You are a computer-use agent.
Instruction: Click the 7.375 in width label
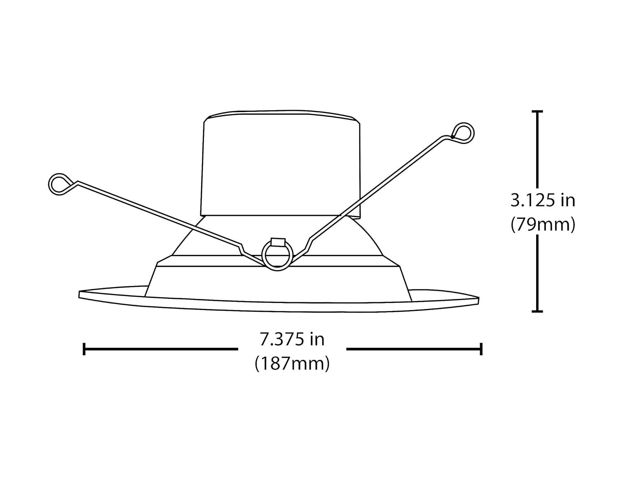tap(292, 340)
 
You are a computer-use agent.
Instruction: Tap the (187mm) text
tap(292, 364)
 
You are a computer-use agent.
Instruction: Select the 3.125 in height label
tap(542, 201)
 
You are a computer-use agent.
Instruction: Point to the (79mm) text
tap(542, 225)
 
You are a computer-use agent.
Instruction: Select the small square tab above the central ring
tap(277, 242)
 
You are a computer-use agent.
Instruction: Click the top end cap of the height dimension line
tap(537, 111)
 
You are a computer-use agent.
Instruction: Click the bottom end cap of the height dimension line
tap(537, 311)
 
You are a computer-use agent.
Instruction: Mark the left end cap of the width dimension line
tap(84, 349)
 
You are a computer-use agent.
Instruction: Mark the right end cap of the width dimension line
tap(481, 349)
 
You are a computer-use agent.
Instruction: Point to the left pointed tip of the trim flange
tap(80, 294)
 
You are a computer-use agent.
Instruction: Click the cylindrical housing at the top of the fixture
tap(281, 166)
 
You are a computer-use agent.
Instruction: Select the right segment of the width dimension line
tap(413, 349)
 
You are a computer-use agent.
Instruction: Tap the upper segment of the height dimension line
tap(537, 149)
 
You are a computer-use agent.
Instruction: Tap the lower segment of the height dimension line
tap(537, 272)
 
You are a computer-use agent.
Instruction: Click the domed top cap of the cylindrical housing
tap(281, 115)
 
